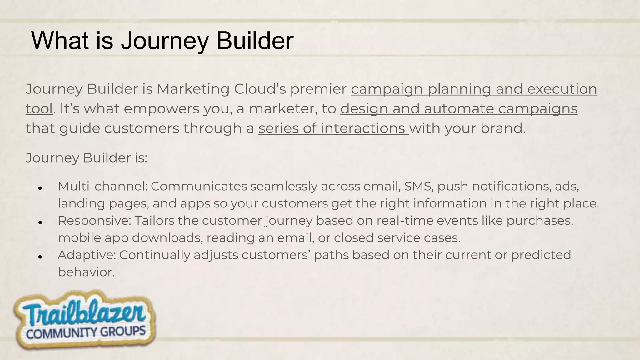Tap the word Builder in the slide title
point(255,41)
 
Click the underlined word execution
point(562,89)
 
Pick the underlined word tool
point(39,109)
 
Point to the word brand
point(503,128)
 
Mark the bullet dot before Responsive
point(40,222)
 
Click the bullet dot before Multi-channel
point(40,188)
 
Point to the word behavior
point(86,272)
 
